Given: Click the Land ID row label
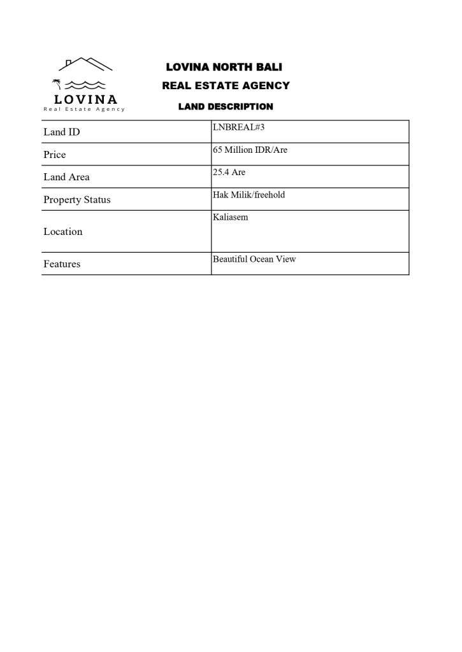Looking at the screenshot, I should tap(62, 132).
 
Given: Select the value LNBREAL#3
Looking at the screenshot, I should tap(238, 127).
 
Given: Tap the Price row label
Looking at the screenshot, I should tap(55, 155).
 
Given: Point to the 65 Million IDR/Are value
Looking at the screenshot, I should tap(250, 150).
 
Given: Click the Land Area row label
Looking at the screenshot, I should tap(66, 177).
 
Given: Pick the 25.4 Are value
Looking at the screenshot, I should tap(229, 173).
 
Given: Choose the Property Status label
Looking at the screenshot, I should tap(76, 200).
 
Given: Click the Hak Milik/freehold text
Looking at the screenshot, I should tap(249, 195).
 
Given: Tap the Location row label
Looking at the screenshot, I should tap(63, 232).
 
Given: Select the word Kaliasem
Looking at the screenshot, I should tap(231, 217).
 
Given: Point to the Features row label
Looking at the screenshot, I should tap(62, 264).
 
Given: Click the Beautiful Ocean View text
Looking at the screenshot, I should tap(254, 259).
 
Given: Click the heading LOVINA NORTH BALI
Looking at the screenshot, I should tap(224, 67).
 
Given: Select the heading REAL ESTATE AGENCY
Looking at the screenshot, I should tap(226, 86).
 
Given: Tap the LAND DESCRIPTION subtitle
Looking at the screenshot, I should tap(226, 107).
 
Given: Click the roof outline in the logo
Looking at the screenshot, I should tap(85, 64).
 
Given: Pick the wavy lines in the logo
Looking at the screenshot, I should tap(85, 85).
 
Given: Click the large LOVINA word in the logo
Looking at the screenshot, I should tap(85, 99).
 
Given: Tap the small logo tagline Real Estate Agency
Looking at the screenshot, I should tap(84, 110).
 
